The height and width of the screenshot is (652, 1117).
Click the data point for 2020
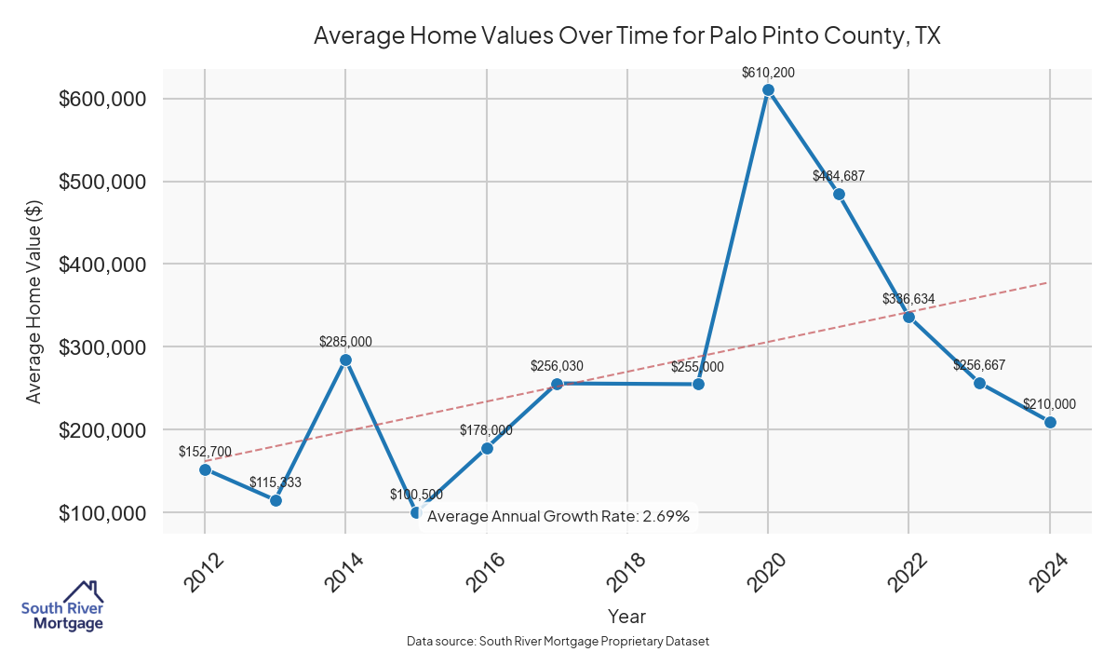pos(768,90)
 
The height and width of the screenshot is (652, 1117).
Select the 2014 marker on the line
pos(345,360)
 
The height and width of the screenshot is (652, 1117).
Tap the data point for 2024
pos(1050,422)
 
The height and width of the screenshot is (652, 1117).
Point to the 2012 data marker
pos(205,469)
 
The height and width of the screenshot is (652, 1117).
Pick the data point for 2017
pos(557,384)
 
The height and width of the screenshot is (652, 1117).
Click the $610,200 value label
pos(768,72)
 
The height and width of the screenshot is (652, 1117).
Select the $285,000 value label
pos(345,342)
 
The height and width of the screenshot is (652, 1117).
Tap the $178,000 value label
pos(486,430)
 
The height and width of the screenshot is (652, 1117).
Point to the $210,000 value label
pos(1049,404)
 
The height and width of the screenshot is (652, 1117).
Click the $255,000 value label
pos(697,367)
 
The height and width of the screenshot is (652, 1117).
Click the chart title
pos(626,35)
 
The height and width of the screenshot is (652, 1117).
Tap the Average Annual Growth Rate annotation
pos(558,516)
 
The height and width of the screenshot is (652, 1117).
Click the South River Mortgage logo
pos(62,606)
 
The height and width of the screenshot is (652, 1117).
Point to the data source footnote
pos(558,642)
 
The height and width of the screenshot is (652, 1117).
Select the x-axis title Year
pos(626,616)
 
